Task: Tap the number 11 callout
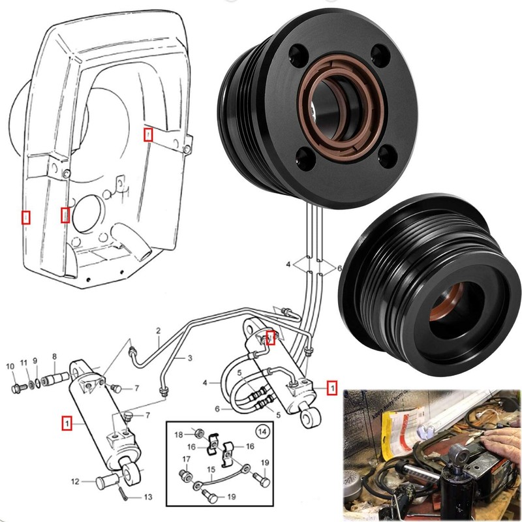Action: click(x=24, y=362)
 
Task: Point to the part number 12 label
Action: click(x=76, y=482)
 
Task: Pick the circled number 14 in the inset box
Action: click(x=262, y=431)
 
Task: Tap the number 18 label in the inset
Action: click(x=179, y=434)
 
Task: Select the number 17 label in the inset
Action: click(x=186, y=459)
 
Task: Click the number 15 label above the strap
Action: click(x=211, y=469)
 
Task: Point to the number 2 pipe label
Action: click(x=158, y=339)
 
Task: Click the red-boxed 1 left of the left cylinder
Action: click(x=66, y=423)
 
